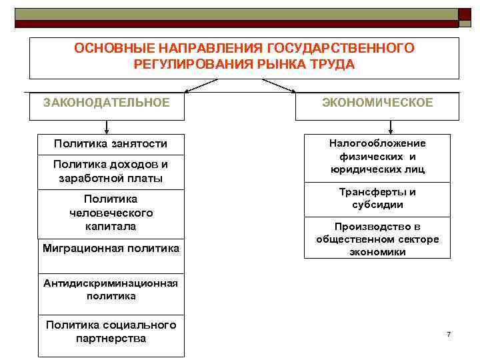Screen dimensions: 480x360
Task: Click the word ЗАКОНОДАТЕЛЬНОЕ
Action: click(x=106, y=103)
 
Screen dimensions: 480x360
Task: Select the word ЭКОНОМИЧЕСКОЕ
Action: click(x=377, y=103)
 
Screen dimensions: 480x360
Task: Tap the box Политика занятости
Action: click(x=111, y=144)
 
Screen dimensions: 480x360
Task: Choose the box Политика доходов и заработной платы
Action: click(x=111, y=171)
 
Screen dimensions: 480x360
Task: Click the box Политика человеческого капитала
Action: click(x=111, y=213)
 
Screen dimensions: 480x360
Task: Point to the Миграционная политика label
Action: click(x=111, y=249)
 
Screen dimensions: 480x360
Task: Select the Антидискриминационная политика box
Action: click(x=111, y=289)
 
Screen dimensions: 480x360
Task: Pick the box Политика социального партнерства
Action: click(x=111, y=331)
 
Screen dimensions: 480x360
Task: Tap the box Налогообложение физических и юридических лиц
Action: click(x=377, y=157)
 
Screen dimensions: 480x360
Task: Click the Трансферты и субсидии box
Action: click(x=377, y=198)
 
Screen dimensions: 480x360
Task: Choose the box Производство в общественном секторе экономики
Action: click(x=377, y=239)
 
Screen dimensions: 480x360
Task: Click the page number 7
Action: click(x=449, y=333)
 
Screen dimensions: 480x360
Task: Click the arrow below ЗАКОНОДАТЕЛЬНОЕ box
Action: click(x=107, y=128)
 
